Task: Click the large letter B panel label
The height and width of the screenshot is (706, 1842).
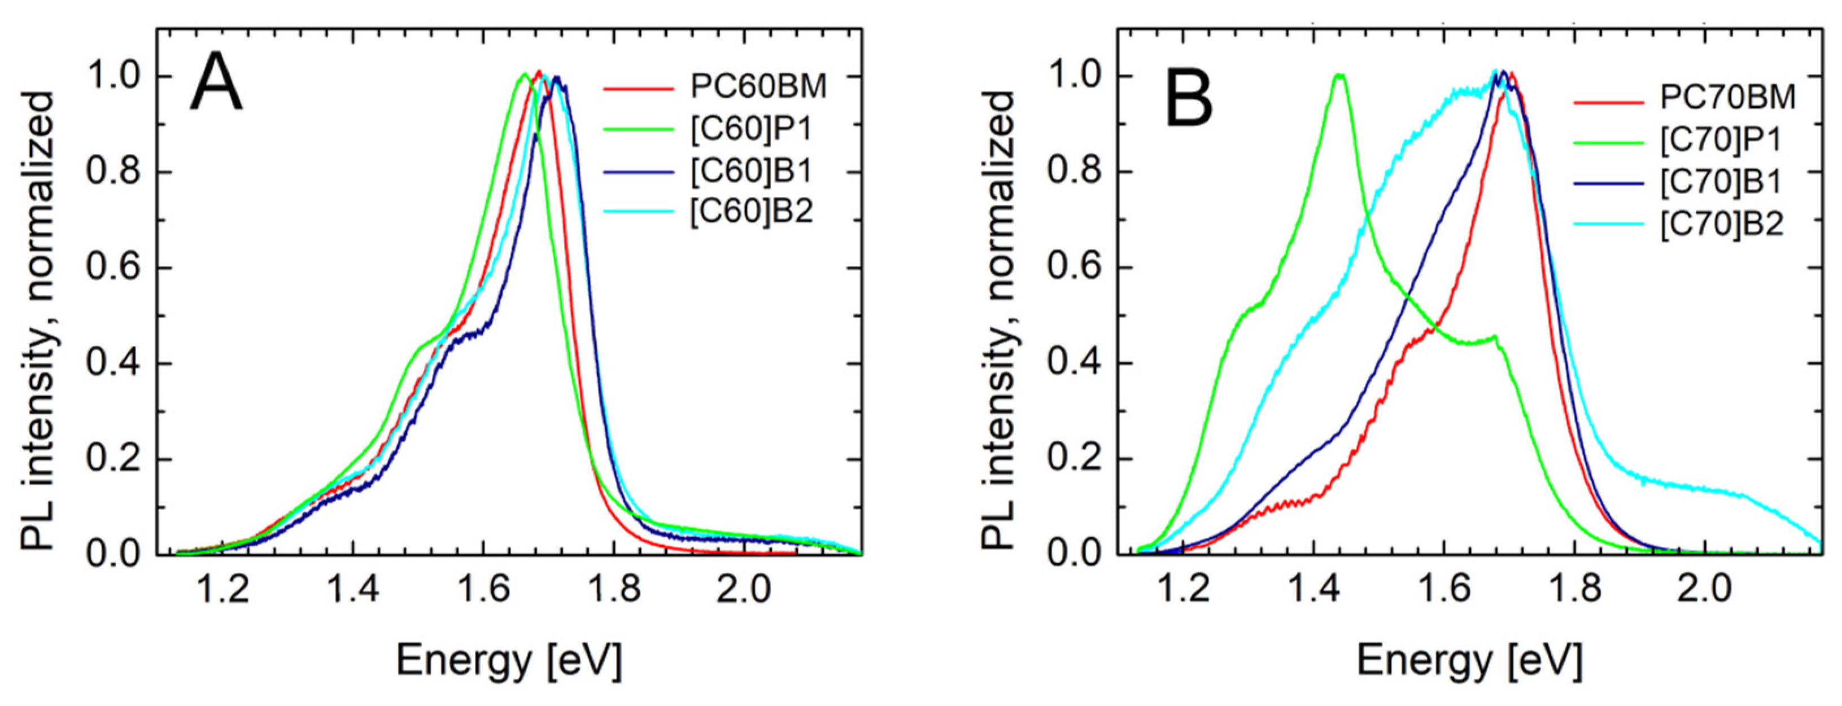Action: pos(1189,100)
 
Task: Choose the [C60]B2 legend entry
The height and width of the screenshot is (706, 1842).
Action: pos(752,211)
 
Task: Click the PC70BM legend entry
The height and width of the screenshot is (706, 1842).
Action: pos(1727,97)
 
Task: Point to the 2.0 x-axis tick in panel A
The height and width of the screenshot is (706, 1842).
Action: pos(744,590)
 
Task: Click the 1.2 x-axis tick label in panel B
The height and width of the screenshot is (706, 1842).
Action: pos(1182,590)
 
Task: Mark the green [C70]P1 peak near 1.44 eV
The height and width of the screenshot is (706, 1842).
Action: pos(1340,75)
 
